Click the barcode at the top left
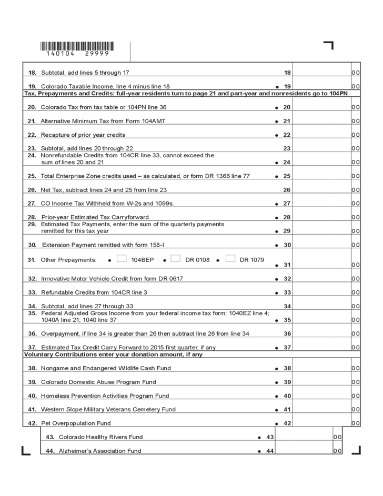click(x=76, y=46)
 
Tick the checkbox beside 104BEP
click(x=122, y=258)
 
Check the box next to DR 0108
click(x=176, y=258)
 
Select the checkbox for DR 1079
click(x=230, y=258)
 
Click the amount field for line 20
click(x=321, y=107)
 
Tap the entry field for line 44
click(x=303, y=450)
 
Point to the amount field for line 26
click(x=321, y=189)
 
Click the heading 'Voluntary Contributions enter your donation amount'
click(x=113, y=355)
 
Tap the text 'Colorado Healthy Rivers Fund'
click(x=100, y=437)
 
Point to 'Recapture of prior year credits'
click(x=83, y=135)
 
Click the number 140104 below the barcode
click(x=61, y=54)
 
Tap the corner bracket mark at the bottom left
click(x=25, y=450)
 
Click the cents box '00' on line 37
click(x=356, y=347)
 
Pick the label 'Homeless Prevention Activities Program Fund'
click(x=105, y=396)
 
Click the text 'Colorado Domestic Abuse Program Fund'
click(x=98, y=382)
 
